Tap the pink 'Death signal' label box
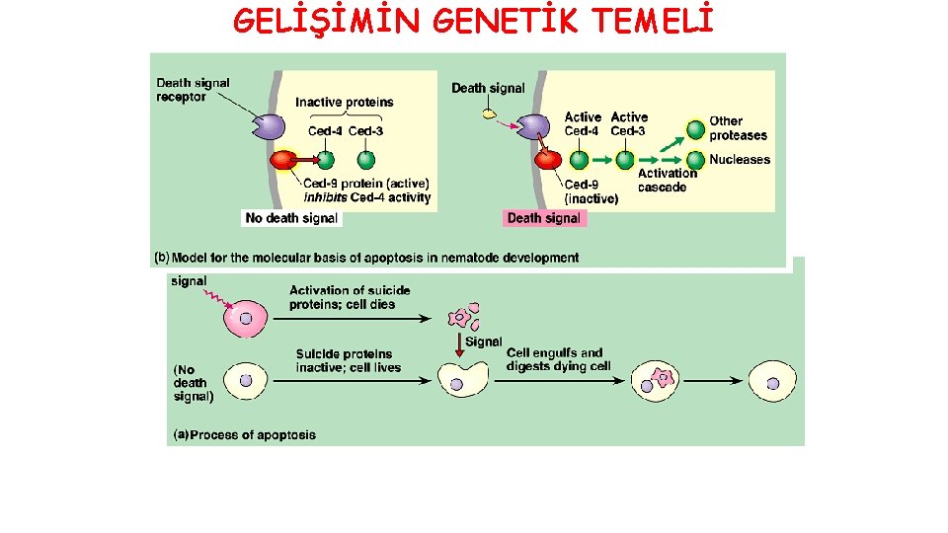[545, 218]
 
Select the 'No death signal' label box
[291, 218]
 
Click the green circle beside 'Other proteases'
[696, 129]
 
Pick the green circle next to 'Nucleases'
[696, 160]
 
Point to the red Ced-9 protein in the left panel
[284, 160]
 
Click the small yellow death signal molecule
[488, 114]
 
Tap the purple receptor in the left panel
[267, 126]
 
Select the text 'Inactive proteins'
[345, 102]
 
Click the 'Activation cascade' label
[667, 180]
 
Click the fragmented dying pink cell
[461, 318]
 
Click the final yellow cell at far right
[771, 380]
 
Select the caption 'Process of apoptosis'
[253, 434]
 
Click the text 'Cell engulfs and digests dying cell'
[558, 359]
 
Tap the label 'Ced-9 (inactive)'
[592, 190]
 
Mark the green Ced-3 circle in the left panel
[366, 160]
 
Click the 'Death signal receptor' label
[193, 90]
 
